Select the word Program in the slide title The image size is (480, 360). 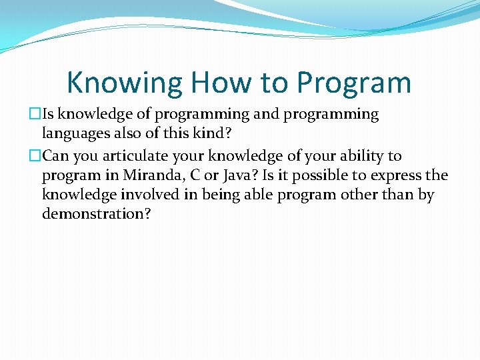pos(354,83)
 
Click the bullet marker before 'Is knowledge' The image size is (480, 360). pos(35,115)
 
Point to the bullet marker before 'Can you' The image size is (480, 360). pos(35,156)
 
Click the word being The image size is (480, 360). pos(205,196)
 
